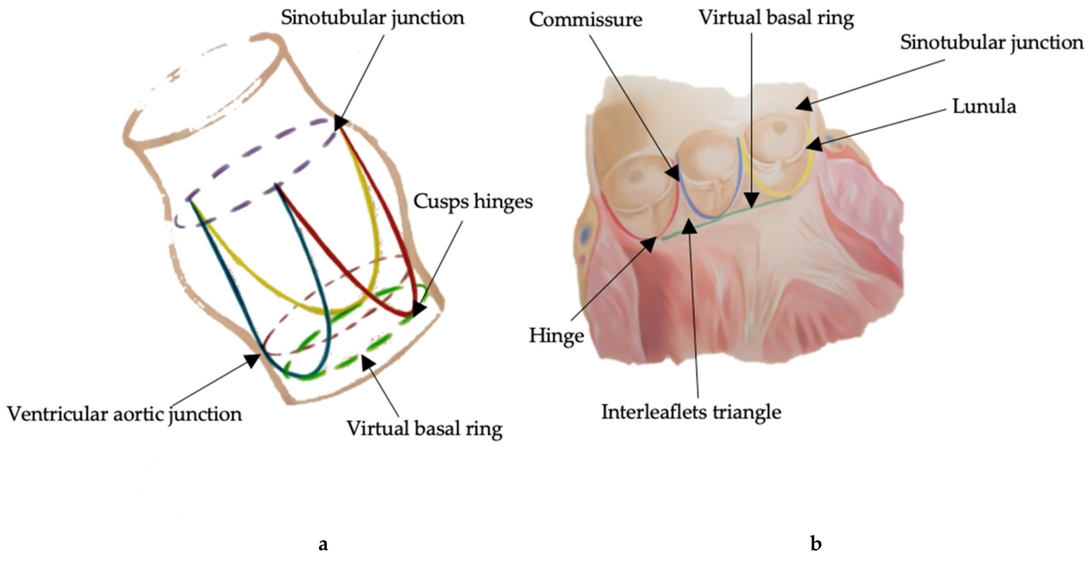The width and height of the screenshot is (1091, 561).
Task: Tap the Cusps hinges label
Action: (473, 201)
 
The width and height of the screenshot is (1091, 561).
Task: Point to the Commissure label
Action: (585, 19)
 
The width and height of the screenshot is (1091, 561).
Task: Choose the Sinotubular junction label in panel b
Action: (991, 42)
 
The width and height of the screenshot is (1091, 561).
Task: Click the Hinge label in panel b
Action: (556, 336)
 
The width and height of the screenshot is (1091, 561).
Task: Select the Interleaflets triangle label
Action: (691, 412)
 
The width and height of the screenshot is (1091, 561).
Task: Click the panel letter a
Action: (323, 544)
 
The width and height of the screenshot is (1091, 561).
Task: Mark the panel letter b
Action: (815, 543)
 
